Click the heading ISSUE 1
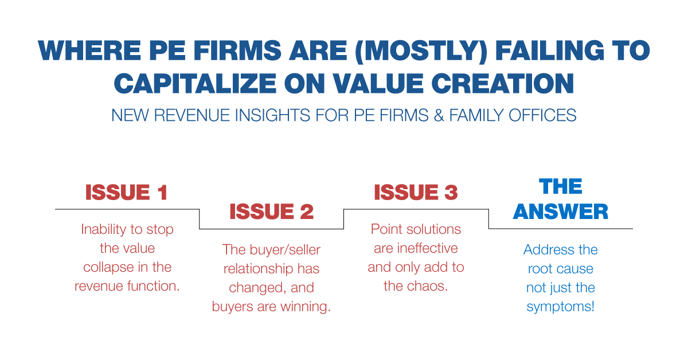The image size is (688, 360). [126, 193]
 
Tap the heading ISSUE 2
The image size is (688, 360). [271, 212]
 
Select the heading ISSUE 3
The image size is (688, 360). [416, 193]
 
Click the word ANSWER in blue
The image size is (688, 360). [561, 212]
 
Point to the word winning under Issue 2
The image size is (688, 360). [305, 307]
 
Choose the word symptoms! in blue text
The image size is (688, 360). [561, 307]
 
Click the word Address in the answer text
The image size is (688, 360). [544, 250]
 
